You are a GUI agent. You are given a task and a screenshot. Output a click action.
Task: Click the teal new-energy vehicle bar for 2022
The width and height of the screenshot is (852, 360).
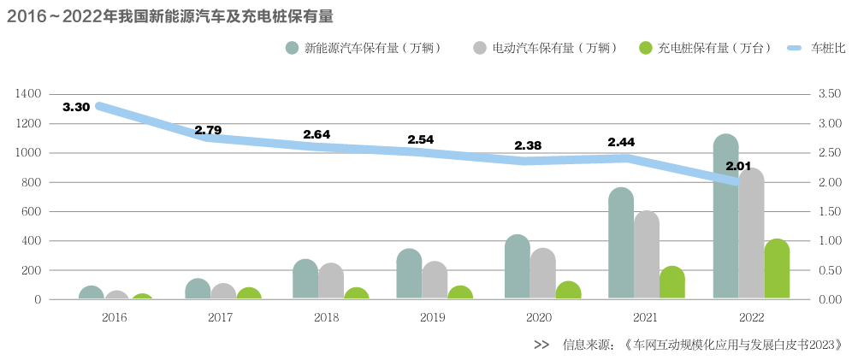[725, 222]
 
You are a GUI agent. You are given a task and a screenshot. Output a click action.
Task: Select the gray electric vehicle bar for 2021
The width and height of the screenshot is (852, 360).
[647, 257]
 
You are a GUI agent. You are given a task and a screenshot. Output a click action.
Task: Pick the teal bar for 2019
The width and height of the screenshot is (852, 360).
[409, 275]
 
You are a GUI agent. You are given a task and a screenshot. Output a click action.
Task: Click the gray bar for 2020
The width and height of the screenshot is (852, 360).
[542, 274]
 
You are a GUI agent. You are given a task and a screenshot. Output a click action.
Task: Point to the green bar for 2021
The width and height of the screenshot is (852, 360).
[672, 284]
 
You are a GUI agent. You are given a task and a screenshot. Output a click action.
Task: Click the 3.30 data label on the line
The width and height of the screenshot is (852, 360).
[76, 107]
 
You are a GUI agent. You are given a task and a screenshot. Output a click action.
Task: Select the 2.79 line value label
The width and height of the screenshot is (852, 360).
[208, 130]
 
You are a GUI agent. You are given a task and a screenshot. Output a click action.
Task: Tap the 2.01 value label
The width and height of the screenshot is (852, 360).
[738, 165]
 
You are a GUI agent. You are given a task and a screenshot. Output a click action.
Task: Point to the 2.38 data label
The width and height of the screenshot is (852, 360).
[528, 145]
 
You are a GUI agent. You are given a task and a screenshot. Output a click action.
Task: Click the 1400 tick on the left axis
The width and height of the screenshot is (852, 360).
[28, 94]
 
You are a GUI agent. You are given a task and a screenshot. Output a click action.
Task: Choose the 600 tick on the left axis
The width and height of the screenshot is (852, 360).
[31, 211]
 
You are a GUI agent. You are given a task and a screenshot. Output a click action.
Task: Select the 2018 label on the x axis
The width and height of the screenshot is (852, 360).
[326, 317]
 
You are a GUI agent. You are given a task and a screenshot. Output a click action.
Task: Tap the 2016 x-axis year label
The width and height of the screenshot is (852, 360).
[114, 317]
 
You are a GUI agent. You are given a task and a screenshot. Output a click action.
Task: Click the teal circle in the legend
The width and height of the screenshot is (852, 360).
[293, 48]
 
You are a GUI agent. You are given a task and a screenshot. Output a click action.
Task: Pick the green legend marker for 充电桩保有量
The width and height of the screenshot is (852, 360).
[646, 48]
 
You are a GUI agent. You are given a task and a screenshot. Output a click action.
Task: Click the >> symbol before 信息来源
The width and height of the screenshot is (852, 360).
[541, 345]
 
